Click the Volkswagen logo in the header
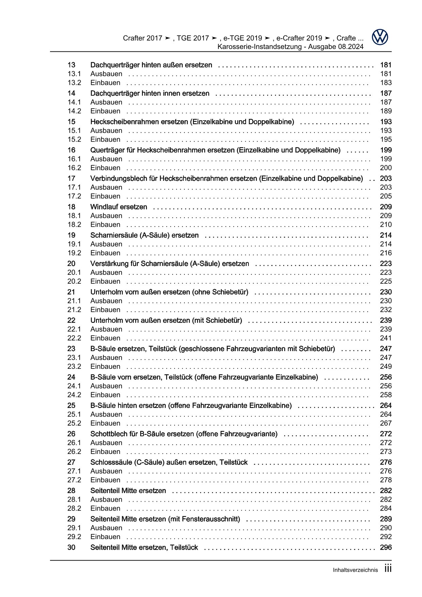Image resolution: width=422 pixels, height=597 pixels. pos(380,37)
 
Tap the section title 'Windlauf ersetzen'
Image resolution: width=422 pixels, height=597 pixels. pos(119,207)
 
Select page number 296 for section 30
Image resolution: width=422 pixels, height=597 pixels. pos(386,547)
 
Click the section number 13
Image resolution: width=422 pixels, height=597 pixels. pos(71,65)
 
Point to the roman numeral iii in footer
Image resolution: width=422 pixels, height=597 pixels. pos(388,569)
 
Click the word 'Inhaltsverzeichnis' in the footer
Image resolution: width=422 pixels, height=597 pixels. pos(355,570)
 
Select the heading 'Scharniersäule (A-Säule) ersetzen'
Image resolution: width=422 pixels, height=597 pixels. pos(144,235)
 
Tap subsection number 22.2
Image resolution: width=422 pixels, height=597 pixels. pos(74,338)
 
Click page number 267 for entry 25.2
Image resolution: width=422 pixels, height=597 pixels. pos(386,423)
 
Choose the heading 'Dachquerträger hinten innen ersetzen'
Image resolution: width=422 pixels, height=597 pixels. pos(150,93)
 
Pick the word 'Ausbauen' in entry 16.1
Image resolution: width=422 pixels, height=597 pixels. pos(106,159)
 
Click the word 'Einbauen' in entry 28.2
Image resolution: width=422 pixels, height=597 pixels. pos(105,508)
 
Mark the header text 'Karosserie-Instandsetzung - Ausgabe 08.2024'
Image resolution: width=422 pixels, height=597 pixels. pos(290,47)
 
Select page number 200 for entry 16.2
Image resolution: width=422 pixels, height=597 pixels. pos(386,168)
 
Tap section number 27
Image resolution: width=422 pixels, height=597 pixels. pos(71,462)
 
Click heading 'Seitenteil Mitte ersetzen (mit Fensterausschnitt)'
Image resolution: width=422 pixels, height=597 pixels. pos(165,519)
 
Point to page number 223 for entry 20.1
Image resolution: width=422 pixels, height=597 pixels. pos(386,272)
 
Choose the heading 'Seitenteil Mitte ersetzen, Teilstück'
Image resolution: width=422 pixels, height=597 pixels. pos(144,547)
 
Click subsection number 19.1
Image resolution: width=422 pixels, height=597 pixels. pos(74,244)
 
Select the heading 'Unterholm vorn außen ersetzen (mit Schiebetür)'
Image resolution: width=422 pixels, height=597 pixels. pos(166,320)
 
